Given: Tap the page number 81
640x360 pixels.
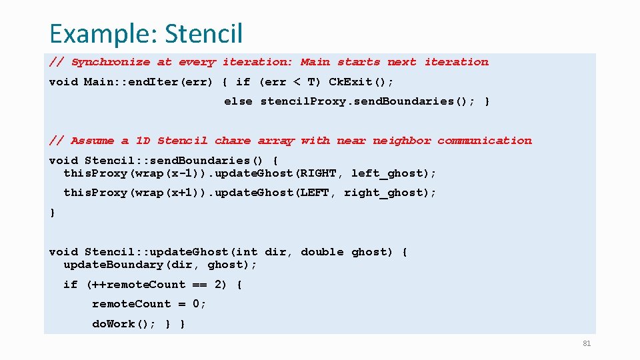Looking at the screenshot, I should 587,343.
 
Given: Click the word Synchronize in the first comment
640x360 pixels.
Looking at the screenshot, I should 111,62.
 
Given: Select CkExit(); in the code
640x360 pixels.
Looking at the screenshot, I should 361,82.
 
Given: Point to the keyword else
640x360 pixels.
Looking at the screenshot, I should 238,101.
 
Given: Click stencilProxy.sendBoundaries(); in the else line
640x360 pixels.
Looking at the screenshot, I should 367,101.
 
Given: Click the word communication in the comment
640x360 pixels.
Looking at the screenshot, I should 485,141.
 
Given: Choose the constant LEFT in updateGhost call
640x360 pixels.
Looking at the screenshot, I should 314,193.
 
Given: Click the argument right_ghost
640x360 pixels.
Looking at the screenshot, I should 388,193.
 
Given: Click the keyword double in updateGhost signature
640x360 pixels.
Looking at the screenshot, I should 322,252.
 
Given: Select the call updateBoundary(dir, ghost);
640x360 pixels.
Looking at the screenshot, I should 160,265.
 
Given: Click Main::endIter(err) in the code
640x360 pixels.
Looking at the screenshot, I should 148,82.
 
